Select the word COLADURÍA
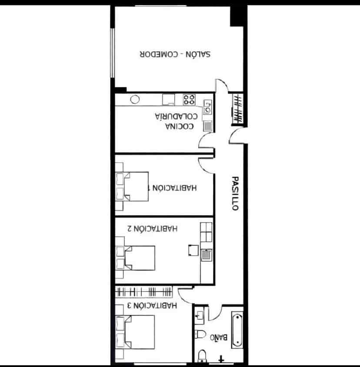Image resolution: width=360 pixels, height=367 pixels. coord(177,116)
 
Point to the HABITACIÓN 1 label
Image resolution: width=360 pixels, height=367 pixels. coord(173,188)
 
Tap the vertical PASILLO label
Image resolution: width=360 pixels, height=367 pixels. coord(235,194)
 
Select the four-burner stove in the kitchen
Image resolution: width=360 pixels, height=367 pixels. coord(189,100)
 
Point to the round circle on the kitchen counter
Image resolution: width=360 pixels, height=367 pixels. coord(135,99)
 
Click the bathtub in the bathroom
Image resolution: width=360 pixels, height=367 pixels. coord(237,329)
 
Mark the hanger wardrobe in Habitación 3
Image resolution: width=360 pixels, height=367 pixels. coord(143,291)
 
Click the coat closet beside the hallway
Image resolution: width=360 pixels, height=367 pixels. coord(237,108)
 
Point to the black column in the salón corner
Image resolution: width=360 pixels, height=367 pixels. coord(237,16)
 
